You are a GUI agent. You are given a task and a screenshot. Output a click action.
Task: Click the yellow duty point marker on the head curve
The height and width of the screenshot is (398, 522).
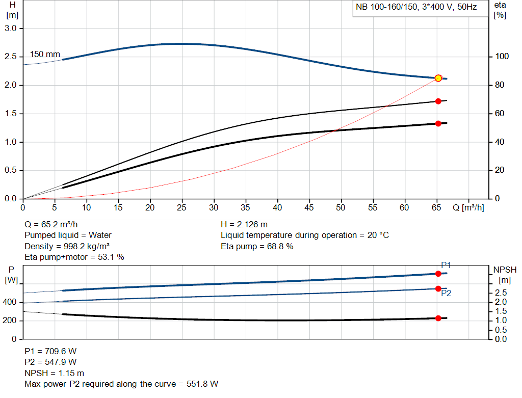[438, 78]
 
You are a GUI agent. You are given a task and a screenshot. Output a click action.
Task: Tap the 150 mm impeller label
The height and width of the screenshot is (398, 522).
[45, 54]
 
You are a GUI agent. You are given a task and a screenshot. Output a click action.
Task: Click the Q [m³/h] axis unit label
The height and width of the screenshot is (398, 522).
[467, 208]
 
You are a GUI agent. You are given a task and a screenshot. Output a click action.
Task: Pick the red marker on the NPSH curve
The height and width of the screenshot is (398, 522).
[438, 318]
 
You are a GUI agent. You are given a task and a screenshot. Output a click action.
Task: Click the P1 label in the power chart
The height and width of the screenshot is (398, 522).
[446, 265]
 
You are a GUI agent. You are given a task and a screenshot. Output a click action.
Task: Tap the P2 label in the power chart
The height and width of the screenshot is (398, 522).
[446, 294]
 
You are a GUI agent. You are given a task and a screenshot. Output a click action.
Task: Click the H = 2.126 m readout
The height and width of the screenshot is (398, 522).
[244, 224]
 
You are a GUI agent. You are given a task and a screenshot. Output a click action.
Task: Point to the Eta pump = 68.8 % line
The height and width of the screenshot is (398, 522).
[257, 246]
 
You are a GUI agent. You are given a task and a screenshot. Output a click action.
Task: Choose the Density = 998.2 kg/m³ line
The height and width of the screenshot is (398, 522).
[67, 246]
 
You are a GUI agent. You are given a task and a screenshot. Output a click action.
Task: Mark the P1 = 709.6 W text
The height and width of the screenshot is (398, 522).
[50, 351]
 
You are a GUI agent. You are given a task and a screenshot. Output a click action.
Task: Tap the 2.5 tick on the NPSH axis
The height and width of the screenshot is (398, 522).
[501, 293]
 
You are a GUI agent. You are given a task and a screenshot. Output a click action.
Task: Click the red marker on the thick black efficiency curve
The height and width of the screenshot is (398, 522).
[438, 123]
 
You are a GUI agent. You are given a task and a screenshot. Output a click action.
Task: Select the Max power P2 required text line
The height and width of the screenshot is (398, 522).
[121, 384]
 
